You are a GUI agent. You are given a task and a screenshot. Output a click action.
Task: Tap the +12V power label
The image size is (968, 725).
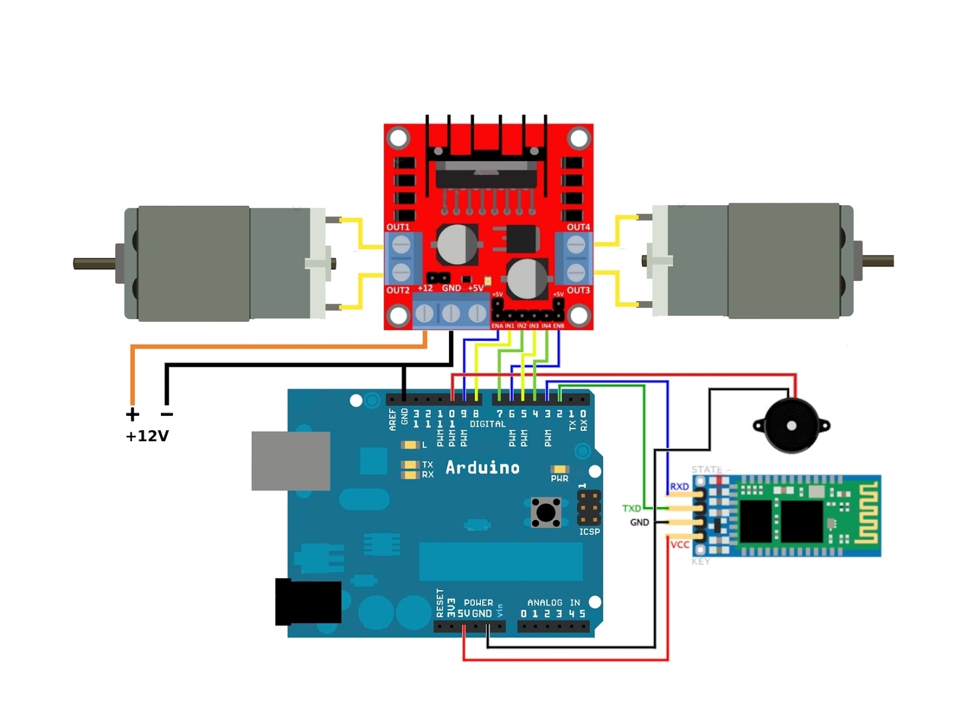coord(147,436)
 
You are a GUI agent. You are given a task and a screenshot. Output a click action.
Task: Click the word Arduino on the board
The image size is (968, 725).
coord(482,468)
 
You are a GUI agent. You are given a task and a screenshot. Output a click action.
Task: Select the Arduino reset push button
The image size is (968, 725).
coord(546,513)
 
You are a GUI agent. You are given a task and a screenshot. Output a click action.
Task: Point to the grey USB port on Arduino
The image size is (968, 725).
coord(290,461)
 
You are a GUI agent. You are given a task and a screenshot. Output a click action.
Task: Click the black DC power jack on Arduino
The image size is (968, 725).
coord(308,602)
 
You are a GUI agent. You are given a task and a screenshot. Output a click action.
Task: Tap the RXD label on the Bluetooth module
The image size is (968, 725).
coord(679,487)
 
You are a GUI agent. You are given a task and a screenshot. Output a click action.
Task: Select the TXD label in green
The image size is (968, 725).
coord(631,508)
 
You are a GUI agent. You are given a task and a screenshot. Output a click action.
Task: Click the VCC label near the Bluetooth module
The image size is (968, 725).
coord(679,545)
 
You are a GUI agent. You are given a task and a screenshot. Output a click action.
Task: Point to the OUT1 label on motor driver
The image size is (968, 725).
coord(397,227)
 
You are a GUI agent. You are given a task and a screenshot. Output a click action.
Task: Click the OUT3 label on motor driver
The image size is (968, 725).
coord(578,290)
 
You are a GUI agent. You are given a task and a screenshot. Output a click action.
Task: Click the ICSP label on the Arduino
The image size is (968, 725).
coord(589,531)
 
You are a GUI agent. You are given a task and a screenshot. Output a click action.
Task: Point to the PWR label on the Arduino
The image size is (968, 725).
coord(559,479)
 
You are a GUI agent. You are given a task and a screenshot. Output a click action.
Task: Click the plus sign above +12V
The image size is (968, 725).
coord(132,415)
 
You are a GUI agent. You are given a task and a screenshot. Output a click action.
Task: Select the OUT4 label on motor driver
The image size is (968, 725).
coord(578,227)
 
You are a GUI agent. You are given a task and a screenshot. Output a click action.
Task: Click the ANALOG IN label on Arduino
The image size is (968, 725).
coord(553,603)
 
